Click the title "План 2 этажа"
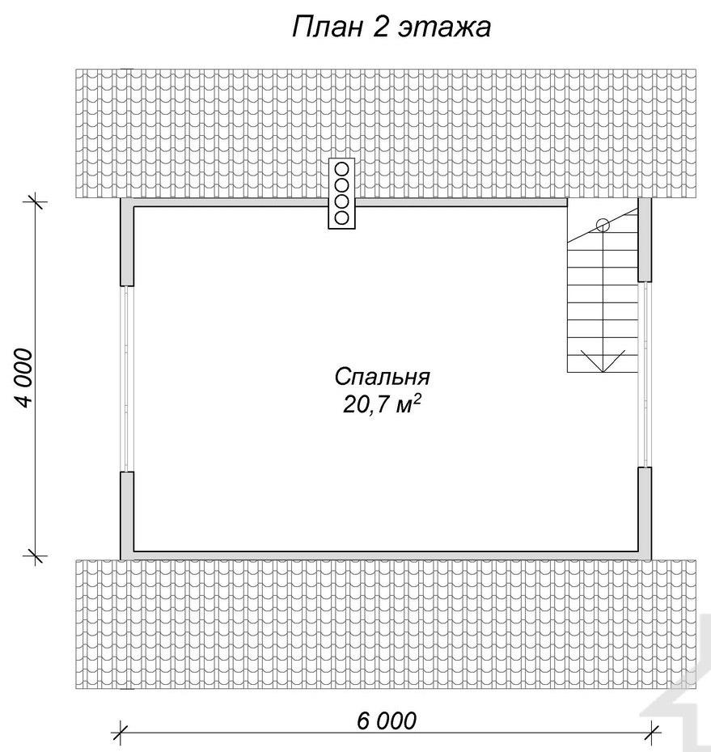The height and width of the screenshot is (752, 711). coord(391,27)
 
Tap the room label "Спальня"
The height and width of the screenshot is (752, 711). coord(383,377)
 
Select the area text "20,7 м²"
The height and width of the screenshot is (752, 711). coord(382,405)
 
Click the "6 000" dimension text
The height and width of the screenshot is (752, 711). coord(387,720)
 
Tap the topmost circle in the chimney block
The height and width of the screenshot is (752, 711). coord(341,169)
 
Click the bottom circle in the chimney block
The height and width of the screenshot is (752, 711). coord(341,218)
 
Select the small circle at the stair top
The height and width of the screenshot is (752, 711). coord(603,225)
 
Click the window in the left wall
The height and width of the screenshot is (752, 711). coord(127,379)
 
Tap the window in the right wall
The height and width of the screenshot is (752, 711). coord(645,374)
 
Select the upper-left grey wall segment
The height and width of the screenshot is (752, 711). coord(127,242)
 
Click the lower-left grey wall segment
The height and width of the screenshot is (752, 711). coord(127,516)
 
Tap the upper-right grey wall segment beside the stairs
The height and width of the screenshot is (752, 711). coord(645,239)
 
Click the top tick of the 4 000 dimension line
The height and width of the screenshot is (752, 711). coord(36,202)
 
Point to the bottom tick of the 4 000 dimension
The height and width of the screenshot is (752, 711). coord(36,556)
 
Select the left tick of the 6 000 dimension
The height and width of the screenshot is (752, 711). coord(120,733)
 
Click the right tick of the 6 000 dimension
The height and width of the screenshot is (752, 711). coord(652,733)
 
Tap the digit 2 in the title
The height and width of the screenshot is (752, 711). coord(379,27)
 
